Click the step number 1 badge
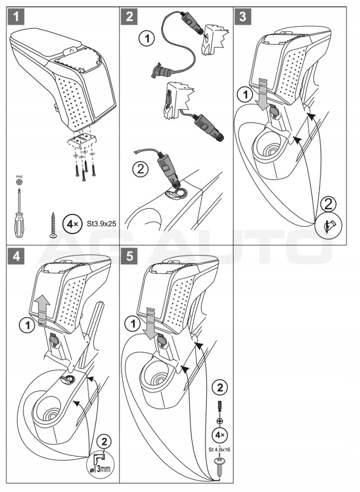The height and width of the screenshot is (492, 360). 17,18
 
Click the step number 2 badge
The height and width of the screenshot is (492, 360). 130,18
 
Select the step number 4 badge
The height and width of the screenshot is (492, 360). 17,256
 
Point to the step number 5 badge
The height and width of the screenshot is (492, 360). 130,256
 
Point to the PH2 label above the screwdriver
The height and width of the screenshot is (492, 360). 19,177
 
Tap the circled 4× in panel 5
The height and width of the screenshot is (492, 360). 220,435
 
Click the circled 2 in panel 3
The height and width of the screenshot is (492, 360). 328,205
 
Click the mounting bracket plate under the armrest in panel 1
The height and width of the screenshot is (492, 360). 83,141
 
